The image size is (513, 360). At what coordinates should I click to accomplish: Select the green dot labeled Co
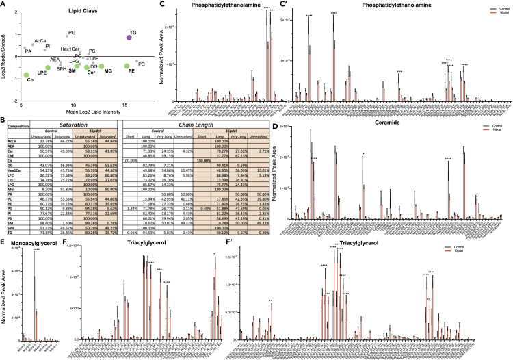(27, 75)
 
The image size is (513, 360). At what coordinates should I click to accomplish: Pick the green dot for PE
(127, 66)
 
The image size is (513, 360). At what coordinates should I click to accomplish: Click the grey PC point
(137, 62)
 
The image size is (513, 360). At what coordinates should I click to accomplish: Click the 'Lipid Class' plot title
(83, 12)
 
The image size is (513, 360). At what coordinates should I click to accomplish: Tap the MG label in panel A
(108, 72)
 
